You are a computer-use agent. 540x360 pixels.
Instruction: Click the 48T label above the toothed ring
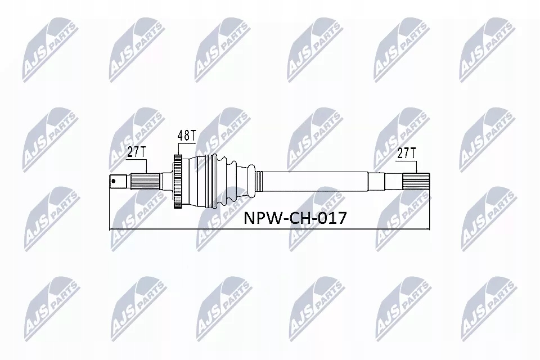pyautogui.click(x=186, y=136)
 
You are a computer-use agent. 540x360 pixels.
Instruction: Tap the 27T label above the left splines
pyautogui.click(x=136, y=152)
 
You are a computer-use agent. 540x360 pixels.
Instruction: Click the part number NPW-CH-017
pyautogui.click(x=295, y=218)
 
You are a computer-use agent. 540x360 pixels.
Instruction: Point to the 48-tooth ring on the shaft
pyautogui.click(x=177, y=182)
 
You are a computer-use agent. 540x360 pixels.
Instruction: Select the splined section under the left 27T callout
pyautogui.click(x=145, y=182)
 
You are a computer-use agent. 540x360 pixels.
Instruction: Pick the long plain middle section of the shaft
pyautogui.click(x=315, y=181)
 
